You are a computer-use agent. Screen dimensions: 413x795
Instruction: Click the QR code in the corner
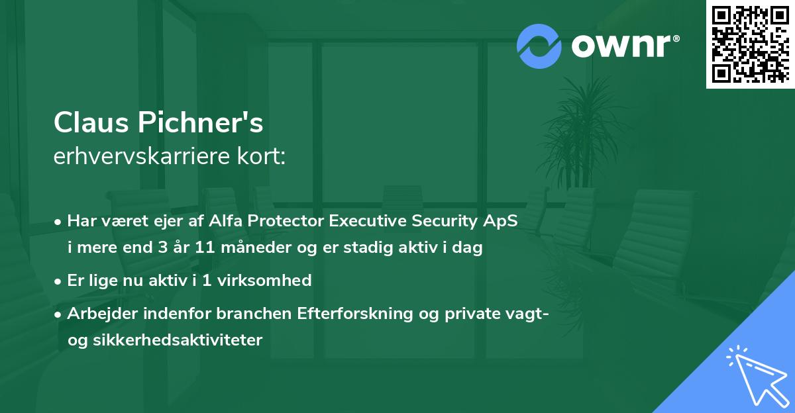(750, 44)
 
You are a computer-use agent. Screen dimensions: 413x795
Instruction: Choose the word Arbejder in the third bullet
(98, 313)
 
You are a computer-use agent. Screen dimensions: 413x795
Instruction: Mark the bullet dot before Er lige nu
(59, 281)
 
